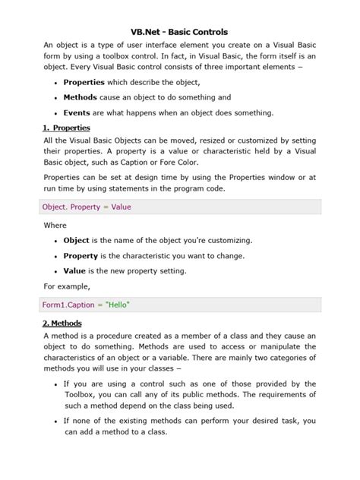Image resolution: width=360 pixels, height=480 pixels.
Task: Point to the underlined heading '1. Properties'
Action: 67,128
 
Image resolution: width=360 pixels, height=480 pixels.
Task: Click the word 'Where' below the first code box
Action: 55,226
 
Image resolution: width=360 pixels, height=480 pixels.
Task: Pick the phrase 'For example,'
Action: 67,286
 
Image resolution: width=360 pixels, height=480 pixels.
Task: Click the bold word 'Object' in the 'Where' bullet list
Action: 78,241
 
